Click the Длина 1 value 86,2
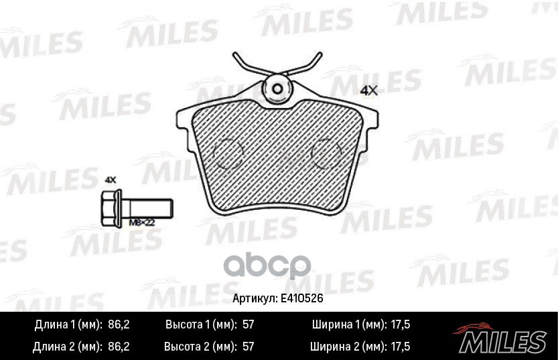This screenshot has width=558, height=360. pos(118,324)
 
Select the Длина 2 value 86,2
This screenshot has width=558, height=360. pos(118,347)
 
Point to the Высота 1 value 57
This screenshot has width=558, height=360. pos(249,324)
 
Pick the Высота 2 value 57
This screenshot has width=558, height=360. pos(249,347)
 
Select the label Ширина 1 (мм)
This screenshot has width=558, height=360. pos(348,324)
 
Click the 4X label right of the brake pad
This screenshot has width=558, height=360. pos(369,91)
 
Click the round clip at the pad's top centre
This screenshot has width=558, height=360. pos(277,88)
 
